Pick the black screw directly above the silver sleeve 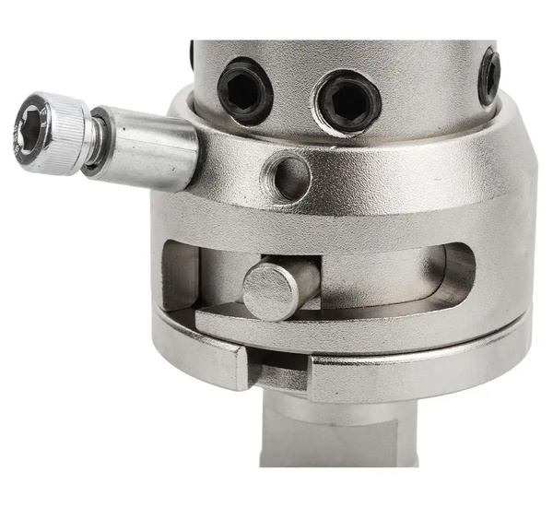[246, 90]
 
